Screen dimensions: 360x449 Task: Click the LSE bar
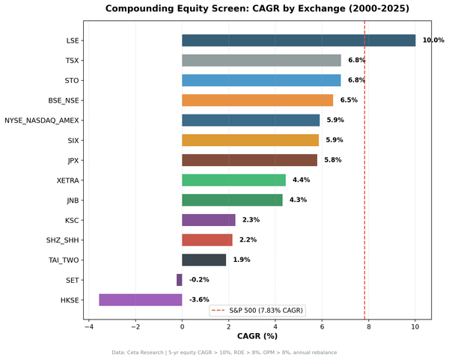tap(299, 40)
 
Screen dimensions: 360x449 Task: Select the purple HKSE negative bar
tap(141, 299)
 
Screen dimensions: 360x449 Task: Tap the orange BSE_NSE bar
tap(257, 100)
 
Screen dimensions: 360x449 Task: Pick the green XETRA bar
tap(233, 180)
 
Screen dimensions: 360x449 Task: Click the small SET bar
tap(180, 279)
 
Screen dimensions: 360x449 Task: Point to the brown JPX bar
tap(249, 160)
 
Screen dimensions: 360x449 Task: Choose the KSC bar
tap(209, 220)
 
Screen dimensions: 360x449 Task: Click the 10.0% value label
tap(433, 40)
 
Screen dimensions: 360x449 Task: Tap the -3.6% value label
tap(199, 299)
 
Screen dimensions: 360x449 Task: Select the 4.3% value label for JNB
tap(298, 200)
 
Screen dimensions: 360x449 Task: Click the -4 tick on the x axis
tap(88, 327)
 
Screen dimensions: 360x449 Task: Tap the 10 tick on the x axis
tap(415, 327)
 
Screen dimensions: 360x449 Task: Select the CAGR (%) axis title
tap(257, 336)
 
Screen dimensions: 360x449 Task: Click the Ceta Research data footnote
tap(224, 352)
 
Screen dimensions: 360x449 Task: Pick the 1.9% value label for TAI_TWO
tap(242, 260)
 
